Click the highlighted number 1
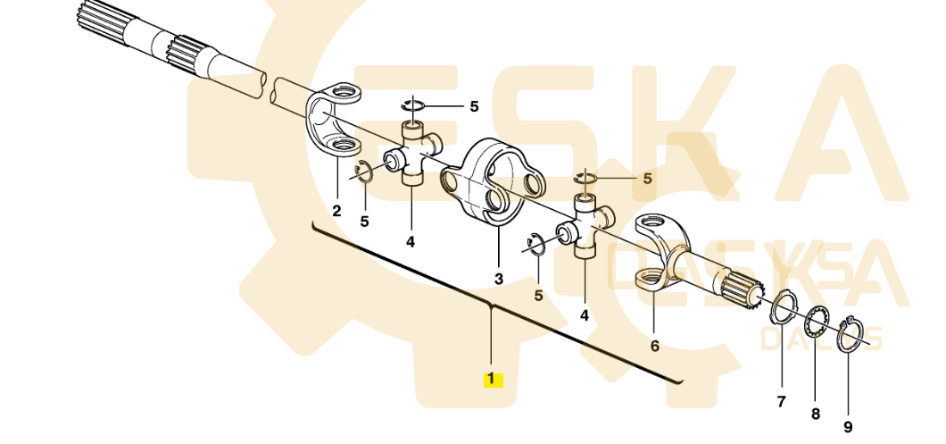(x=493, y=379)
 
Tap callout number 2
(x=336, y=211)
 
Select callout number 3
(x=499, y=279)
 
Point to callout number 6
(x=654, y=346)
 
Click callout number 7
(x=781, y=402)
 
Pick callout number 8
(x=815, y=414)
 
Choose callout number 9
(x=848, y=427)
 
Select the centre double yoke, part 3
(x=491, y=183)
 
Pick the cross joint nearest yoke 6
(x=585, y=230)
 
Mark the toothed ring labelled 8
(x=817, y=322)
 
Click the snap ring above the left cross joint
(x=412, y=106)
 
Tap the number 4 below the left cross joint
(x=411, y=241)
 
